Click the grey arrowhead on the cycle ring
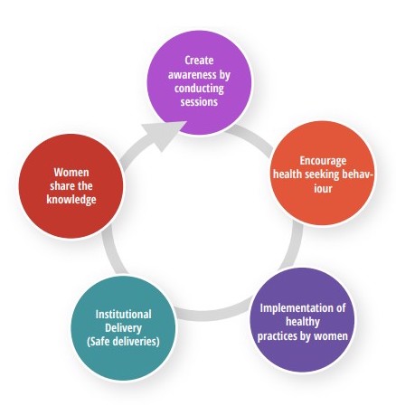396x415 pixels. point(164,135)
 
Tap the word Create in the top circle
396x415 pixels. point(199,61)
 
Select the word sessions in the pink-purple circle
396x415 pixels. point(199,101)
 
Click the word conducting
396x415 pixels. point(199,89)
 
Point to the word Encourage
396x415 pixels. point(323,161)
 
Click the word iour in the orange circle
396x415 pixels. point(323,189)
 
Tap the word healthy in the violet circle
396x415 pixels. point(303,322)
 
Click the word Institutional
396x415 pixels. point(123,315)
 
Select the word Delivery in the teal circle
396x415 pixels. point(123,328)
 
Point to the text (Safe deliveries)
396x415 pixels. point(123,342)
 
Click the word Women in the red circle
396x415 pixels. point(71,173)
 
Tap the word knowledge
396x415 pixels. point(71,200)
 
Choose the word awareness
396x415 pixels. point(192,74)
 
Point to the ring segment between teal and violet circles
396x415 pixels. point(212,312)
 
